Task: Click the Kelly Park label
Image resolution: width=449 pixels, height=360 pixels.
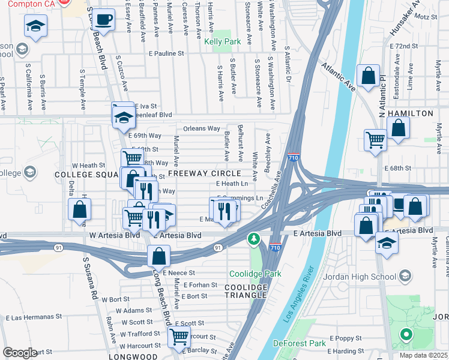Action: (222, 42)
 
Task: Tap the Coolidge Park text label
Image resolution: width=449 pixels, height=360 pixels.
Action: (255, 274)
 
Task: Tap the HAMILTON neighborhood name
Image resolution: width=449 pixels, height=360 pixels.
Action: (411, 113)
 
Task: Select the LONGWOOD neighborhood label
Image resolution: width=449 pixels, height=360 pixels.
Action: (138, 356)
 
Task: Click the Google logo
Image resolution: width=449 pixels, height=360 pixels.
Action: (20, 352)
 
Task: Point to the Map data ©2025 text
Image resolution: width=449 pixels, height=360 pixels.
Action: (423, 355)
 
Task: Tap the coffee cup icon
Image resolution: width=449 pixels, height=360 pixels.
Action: (104, 19)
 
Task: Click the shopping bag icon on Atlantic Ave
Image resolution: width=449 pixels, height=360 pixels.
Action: (368, 76)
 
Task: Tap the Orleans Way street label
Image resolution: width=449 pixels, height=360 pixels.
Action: (201, 128)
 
